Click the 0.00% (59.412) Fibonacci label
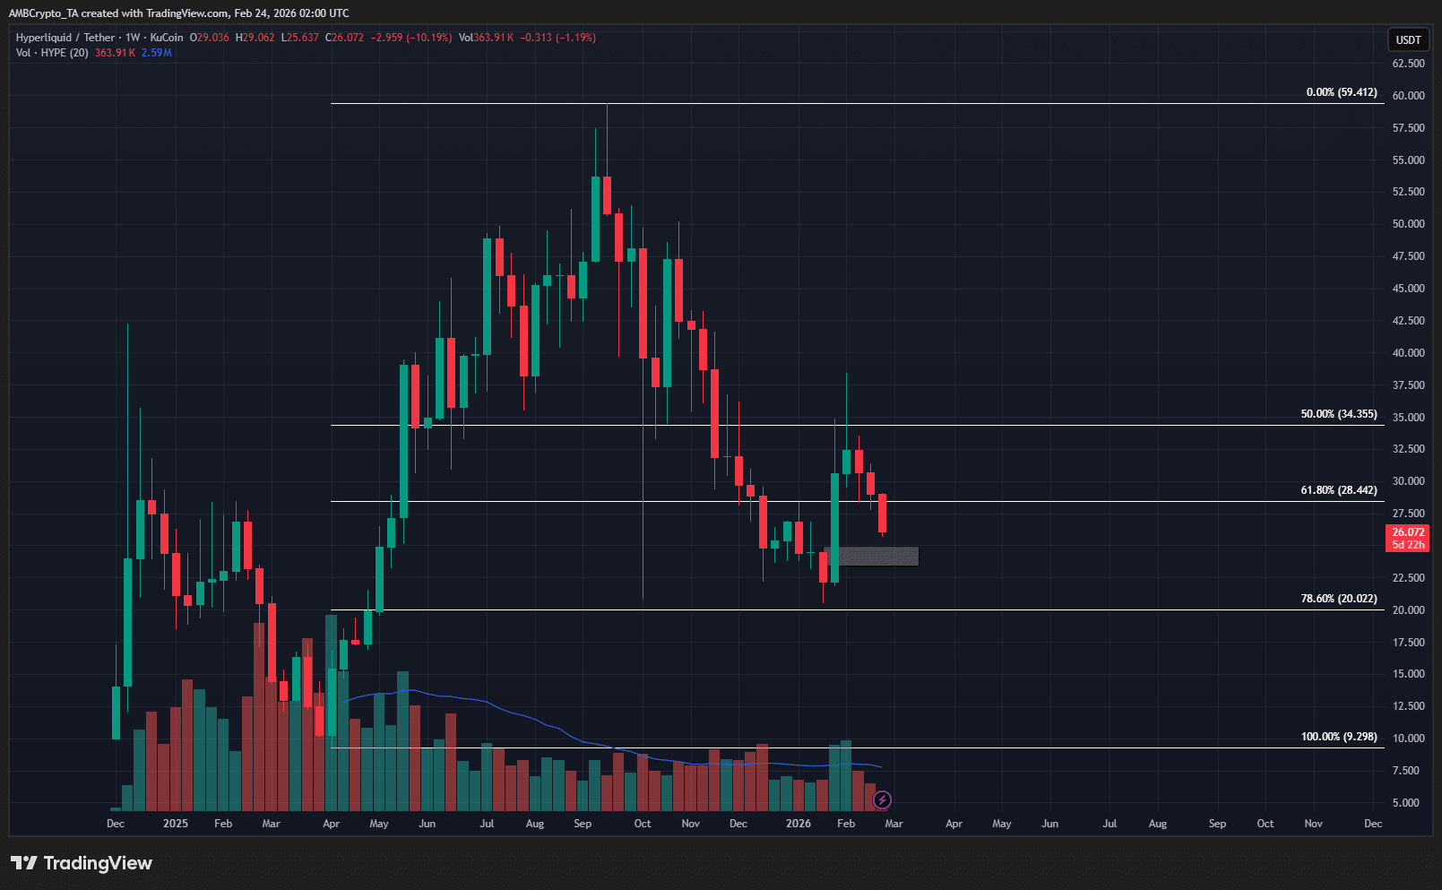click(1341, 92)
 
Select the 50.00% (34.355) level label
click(1338, 414)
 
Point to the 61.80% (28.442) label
click(1338, 490)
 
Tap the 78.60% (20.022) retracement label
click(1338, 599)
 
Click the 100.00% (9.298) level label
click(1338, 737)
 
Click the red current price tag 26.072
click(1408, 532)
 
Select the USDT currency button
click(1408, 39)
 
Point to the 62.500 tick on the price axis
click(1408, 64)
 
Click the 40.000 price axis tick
click(1408, 353)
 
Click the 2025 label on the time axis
click(176, 824)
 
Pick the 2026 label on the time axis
click(798, 824)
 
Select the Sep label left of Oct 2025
click(583, 824)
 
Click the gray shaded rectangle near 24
click(871, 557)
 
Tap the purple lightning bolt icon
click(882, 799)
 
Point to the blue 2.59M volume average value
click(157, 53)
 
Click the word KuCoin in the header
click(167, 38)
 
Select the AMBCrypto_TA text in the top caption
click(44, 13)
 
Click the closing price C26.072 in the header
click(344, 38)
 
